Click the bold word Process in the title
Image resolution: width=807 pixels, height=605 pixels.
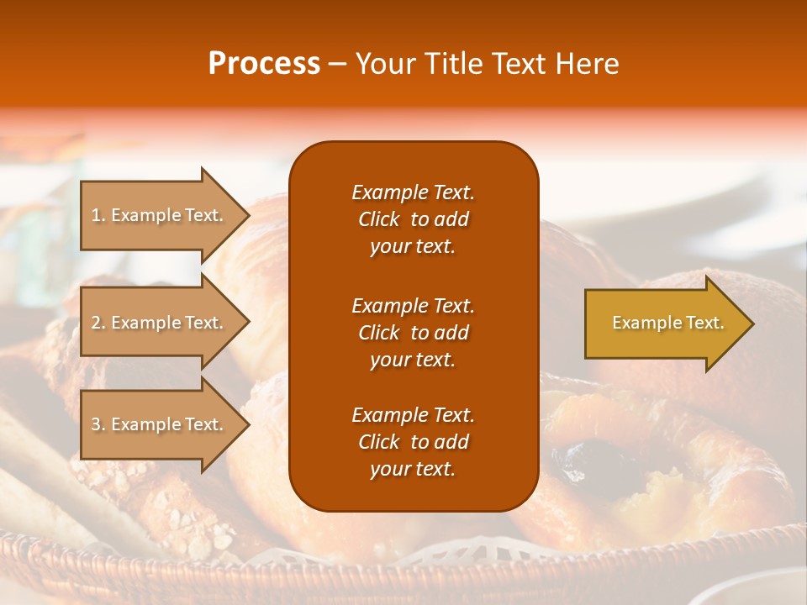pyautogui.click(x=264, y=64)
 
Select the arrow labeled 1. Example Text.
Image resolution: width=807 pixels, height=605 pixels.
pyautogui.click(x=160, y=215)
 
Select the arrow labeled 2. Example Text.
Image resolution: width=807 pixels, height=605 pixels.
pyautogui.click(x=160, y=323)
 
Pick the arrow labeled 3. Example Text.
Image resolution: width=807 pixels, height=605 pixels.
pyautogui.click(x=160, y=424)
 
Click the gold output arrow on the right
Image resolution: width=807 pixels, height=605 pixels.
pyautogui.click(x=664, y=324)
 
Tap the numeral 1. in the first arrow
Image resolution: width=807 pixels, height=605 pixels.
pyautogui.click(x=98, y=215)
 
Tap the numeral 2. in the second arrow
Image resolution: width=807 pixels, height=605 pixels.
pyautogui.click(x=98, y=323)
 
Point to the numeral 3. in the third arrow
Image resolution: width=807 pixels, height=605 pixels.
pyautogui.click(x=98, y=424)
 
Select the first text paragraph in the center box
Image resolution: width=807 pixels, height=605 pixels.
pyautogui.click(x=413, y=219)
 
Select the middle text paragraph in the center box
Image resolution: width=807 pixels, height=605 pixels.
pyautogui.click(x=413, y=333)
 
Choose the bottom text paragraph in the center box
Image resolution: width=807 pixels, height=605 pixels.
pyautogui.click(x=413, y=442)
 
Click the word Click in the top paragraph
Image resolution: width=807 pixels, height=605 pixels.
pyautogui.click(x=378, y=220)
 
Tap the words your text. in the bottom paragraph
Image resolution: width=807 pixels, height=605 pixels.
pyautogui.click(x=413, y=470)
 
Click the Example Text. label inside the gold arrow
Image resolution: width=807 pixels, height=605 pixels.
pyautogui.click(x=667, y=323)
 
